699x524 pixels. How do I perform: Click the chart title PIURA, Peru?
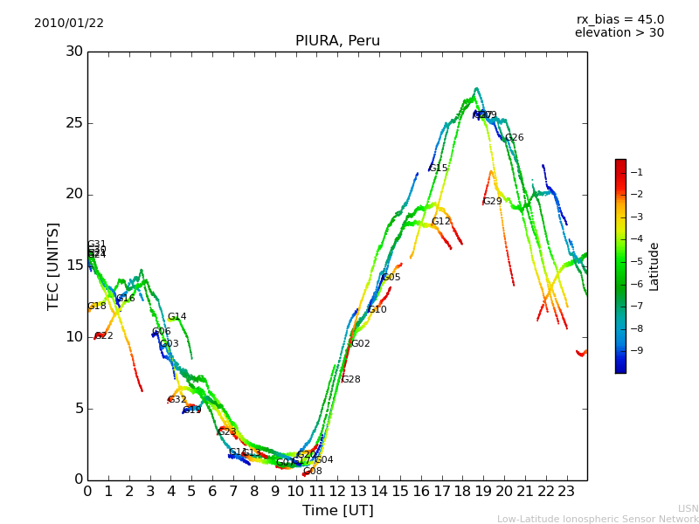337,41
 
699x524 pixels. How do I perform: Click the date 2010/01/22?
69,24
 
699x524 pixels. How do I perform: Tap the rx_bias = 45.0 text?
619,20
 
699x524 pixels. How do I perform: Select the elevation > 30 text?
619,33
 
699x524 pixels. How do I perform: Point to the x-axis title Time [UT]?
337,511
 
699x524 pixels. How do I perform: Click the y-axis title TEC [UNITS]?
53,265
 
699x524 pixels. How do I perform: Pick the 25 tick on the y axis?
74,123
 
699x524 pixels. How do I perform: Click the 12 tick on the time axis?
337,492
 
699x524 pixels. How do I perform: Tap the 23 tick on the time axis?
566,492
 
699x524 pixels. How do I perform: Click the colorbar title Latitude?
654,266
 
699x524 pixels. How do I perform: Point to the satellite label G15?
439,169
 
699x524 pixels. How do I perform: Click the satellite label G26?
515,138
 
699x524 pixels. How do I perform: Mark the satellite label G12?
441,222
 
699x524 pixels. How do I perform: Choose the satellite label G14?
177,317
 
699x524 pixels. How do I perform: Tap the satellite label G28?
351,380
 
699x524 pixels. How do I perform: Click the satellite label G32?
177,400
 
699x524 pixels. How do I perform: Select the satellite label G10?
377,310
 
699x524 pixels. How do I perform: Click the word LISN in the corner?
689,508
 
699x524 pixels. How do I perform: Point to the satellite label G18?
97,307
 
